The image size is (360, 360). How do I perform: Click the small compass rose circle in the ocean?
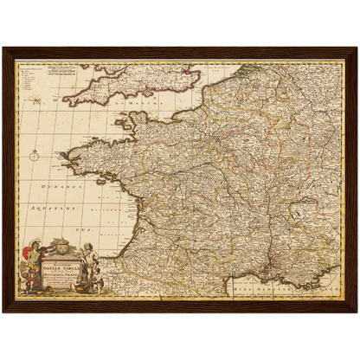(x=34, y=157)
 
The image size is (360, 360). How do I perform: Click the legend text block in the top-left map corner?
(x=33, y=73)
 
